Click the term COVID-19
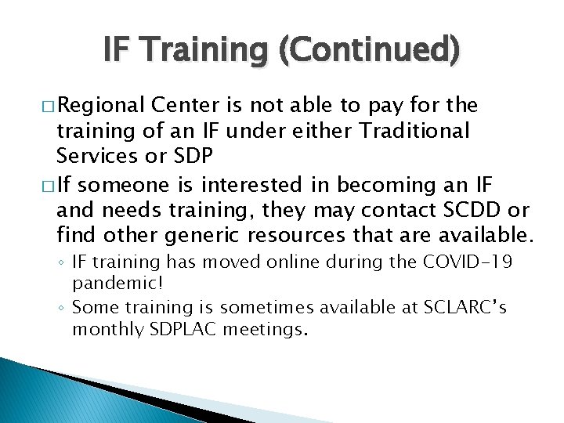coord(468,262)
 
